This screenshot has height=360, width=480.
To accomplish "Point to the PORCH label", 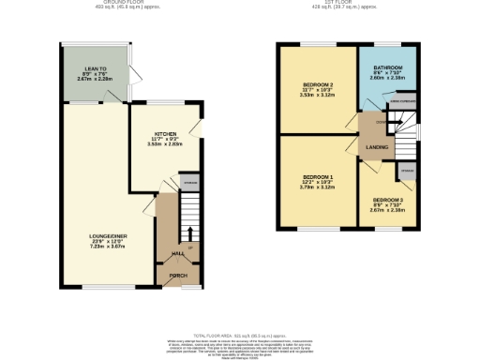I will coord(177,276).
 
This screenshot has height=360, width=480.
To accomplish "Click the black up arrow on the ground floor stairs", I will coord(190,232).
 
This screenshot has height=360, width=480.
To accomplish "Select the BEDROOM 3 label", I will coord(387,201).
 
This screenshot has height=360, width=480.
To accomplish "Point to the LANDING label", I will coord(378,147).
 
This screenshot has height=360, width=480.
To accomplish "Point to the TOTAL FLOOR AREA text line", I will coord(239,335).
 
